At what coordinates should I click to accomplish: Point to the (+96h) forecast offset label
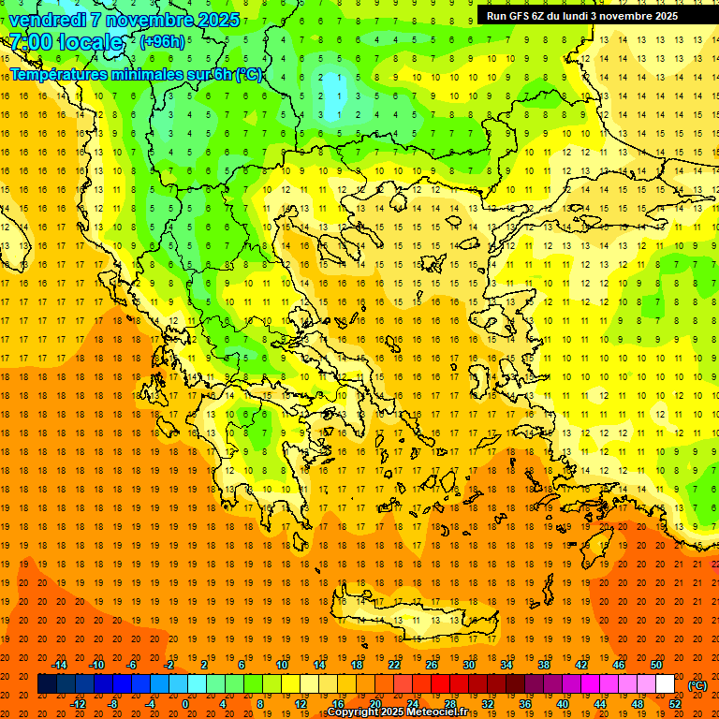(x=162, y=42)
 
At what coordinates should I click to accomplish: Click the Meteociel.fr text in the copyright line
(x=435, y=712)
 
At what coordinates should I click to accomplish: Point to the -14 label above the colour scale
(x=60, y=665)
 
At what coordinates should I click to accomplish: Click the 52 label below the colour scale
(x=675, y=704)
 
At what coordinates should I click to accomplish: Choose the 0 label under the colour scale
(x=184, y=704)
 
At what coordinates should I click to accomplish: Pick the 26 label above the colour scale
(x=432, y=665)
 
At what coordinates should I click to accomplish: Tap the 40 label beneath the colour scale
(x=563, y=704)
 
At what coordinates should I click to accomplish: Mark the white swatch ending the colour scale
(x=666, y=684)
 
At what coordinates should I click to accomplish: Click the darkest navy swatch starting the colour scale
(x=47, y=684)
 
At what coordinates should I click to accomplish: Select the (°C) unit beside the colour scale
(x=697, y=685)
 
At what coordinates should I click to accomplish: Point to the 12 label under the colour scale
(x=301, y=704)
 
